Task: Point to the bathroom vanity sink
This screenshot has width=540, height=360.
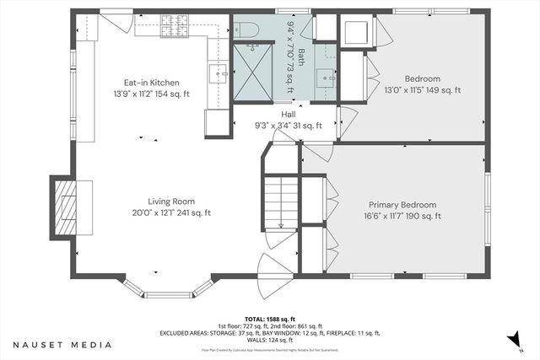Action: (x=324, y=78)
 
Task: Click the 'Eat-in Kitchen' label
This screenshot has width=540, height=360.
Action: (x=152, y=83)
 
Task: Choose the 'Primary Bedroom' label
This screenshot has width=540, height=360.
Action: (x=402, y=205)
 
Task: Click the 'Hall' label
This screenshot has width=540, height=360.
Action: (x=289, y=115)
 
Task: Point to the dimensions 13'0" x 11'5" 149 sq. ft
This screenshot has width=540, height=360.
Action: (x=423, y=90)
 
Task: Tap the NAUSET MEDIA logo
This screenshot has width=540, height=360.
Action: (x=62, y=345)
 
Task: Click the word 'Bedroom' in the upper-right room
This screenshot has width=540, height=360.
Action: (x=423, y=78)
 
